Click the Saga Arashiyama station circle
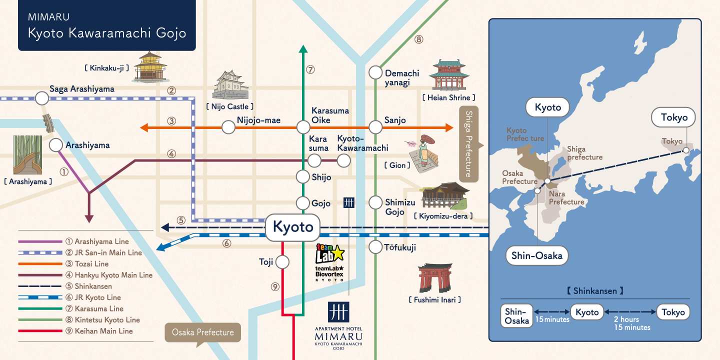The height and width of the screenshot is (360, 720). (42, 98)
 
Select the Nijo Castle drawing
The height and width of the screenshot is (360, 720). (230, 85)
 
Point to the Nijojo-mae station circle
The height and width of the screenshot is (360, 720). (228, 127)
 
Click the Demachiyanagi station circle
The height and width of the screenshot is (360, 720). (375, 72)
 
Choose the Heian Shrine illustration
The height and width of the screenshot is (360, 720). (449, 75)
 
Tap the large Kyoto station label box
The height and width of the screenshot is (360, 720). (293, 227)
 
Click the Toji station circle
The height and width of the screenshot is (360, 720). (282, 262)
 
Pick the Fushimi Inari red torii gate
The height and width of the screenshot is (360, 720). (435, 278)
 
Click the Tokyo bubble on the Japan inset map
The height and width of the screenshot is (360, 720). (673, 117)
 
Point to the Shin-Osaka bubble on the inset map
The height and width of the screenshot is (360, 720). (537, 255)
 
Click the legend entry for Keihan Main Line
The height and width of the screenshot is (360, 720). (75, 331)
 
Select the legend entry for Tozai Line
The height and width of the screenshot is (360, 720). (63, 264)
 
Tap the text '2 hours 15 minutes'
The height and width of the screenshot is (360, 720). (632, 323)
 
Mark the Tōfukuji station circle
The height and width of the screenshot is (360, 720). (375, 247)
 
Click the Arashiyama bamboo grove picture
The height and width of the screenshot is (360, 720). (27, 155)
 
